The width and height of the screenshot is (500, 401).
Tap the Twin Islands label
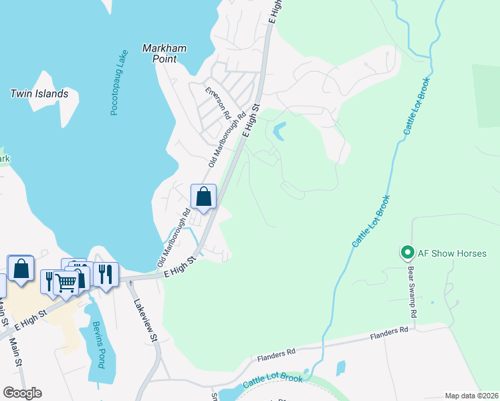(x=39, y=94)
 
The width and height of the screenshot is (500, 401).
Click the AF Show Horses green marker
(x=406, y=253)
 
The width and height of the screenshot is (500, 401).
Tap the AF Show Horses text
(x=452, y=253)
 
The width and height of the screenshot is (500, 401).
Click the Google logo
(x=22, y=393)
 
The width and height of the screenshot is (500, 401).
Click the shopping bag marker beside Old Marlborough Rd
(x=204, y=197)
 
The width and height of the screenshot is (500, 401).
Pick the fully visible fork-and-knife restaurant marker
(x=106, y=273)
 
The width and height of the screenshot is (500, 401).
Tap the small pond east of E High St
(x=278, y=131)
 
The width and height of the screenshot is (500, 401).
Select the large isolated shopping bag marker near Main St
(x=21, y=269)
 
